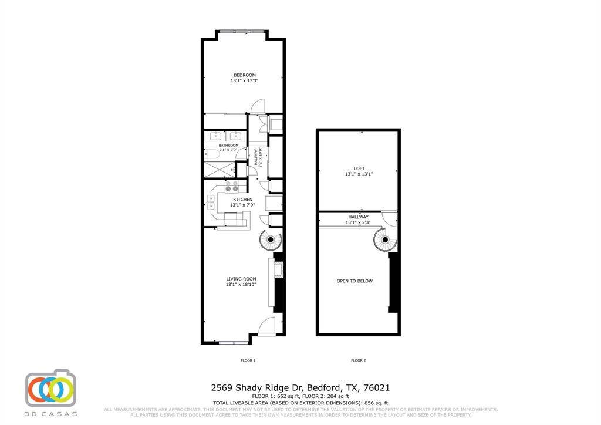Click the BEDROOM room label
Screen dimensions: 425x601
[244, 75]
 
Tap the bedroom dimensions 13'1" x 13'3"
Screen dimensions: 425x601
[244, 81]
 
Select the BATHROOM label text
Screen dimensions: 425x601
[228, 145]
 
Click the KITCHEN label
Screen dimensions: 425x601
[242, 200]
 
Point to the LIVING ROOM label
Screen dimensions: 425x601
[241, 279]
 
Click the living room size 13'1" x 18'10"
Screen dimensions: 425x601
[241, 285]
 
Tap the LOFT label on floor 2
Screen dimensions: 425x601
[359, 168]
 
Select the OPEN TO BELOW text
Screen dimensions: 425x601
[354, 281]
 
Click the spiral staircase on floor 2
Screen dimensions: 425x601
[385, 240]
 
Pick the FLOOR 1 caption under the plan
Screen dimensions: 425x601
[248, 360]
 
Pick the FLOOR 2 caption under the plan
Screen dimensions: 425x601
[358, 360]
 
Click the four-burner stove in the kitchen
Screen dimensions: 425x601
[232, 187]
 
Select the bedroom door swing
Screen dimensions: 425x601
[258, 106]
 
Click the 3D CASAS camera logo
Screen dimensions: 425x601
[50, 389]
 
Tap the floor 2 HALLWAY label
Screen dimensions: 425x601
[358, 217]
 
